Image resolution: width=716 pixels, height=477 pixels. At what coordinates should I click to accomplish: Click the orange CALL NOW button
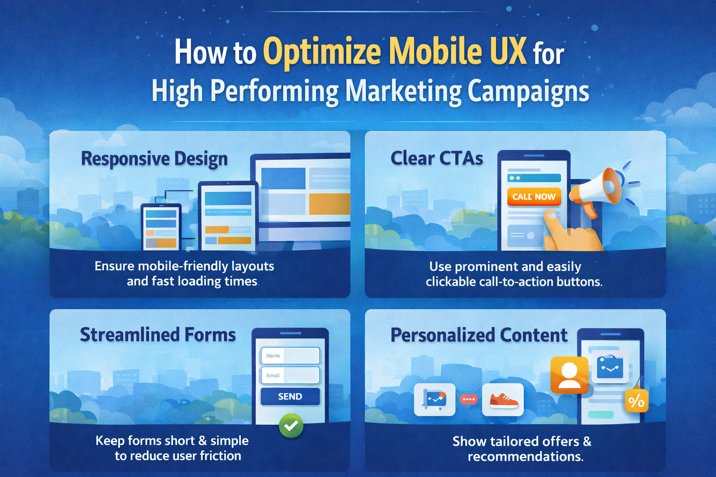534,197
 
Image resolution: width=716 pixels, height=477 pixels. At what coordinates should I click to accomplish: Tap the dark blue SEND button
290,396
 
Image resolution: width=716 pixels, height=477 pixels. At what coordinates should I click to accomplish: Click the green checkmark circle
291,425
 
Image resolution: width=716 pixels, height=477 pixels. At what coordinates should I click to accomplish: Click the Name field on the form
290,355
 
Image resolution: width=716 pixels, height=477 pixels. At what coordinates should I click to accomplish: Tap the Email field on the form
290,375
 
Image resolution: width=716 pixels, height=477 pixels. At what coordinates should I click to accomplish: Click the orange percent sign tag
636,401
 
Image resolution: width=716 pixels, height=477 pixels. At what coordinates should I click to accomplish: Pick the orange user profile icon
569,375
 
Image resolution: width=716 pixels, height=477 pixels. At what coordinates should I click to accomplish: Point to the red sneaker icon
503,400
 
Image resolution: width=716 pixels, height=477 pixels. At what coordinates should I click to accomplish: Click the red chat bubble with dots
468,399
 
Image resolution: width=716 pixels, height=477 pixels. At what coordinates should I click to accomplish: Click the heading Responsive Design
154,159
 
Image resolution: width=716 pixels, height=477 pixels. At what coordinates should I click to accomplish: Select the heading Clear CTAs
436,158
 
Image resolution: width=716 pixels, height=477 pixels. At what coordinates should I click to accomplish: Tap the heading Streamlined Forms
158,334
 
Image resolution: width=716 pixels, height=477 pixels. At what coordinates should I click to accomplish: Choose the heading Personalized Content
479,335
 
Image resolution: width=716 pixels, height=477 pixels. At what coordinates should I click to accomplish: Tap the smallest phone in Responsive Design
161,227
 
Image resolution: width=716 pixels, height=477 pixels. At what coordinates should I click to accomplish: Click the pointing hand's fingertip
550,215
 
